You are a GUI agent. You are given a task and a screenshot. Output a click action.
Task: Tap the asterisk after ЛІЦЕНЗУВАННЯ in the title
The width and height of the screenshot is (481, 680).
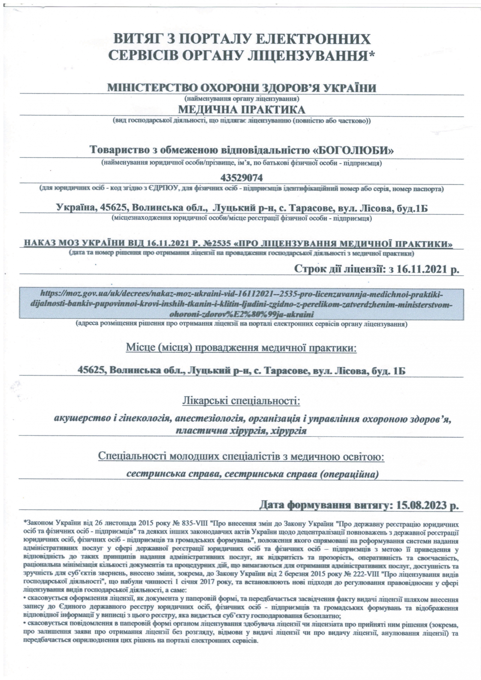(372, 55)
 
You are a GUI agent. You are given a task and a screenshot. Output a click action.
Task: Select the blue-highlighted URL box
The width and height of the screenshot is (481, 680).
(241, 304)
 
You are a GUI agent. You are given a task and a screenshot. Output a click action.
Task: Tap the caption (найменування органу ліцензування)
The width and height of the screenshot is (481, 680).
(241, 98)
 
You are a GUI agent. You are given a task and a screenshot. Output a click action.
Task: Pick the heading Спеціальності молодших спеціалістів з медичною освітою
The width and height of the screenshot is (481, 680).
(241, 456)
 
